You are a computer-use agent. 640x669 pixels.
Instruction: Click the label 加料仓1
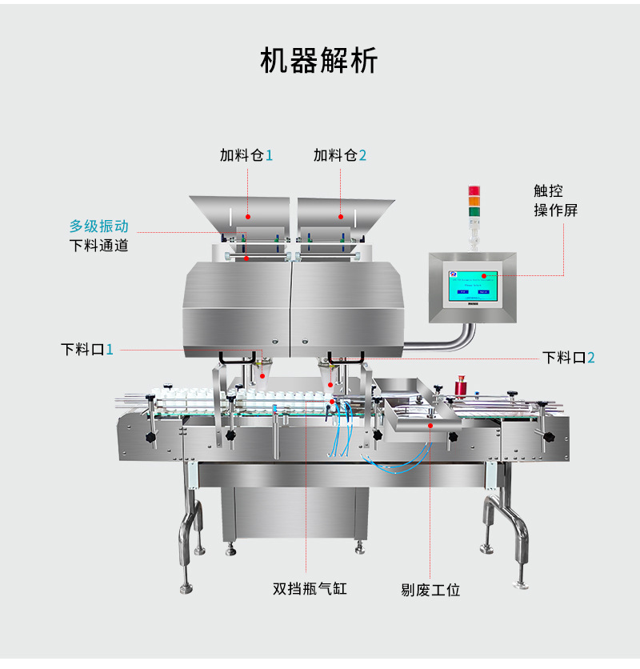(x=246, y=155)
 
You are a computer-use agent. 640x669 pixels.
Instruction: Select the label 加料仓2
(x=340, y=155)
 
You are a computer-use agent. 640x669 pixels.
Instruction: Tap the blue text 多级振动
(x=98, y=226)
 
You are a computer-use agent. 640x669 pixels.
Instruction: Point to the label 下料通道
(x=98, y=246)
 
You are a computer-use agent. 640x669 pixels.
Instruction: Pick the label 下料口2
(x=568, y=358)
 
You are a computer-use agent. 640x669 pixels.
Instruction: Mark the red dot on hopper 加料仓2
(x=341, y=216)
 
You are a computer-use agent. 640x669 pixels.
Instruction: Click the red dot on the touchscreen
(x=483, y=276)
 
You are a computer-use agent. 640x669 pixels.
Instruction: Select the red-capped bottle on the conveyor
(x=461, y=387)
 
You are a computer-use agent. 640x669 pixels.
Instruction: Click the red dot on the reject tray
(x=430, y=427)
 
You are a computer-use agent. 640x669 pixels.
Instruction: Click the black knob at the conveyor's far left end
(x=148, y=439)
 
